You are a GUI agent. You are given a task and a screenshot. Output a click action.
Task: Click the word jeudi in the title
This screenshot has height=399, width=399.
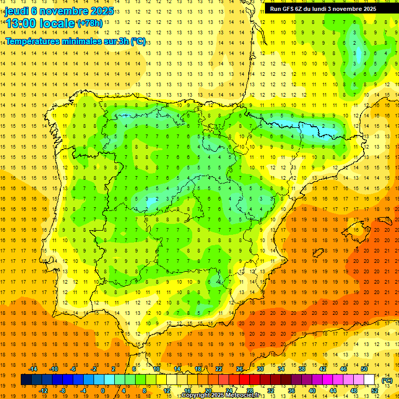pyautogui.click(x=16, y=11)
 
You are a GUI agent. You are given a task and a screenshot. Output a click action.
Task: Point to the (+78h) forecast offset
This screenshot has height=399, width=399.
pyautogui.click(x=89, y=23)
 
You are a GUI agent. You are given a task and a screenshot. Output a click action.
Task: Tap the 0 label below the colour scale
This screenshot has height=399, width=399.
pyautogui.click(x=102, y=391)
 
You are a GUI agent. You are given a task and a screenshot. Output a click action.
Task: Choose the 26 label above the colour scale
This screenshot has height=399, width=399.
pyautogui.click(x=240, y=369)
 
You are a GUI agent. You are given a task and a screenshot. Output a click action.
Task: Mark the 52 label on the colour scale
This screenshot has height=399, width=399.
pyautogui.click(x=375, y=391)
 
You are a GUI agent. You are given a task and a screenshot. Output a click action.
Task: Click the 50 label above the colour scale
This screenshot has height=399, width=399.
pyautogui.click(x=364, y=369)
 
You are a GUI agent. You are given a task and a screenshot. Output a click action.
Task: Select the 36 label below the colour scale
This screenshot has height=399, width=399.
pyautogui.click(x=291, y=391)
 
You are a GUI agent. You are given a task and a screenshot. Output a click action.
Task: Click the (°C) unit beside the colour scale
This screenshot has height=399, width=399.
pyautogui.click(x=387, y=380)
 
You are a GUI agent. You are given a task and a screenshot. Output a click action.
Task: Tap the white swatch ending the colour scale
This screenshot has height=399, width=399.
pyautogui.click(x=369, y=380)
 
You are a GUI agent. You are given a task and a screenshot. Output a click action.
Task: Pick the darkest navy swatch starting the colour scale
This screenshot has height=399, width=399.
pyautogui.click(x=26, y=380)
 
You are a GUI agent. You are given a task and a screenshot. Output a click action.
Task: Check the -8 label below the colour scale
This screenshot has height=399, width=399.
pyautogui.click(x=63, y=391)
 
